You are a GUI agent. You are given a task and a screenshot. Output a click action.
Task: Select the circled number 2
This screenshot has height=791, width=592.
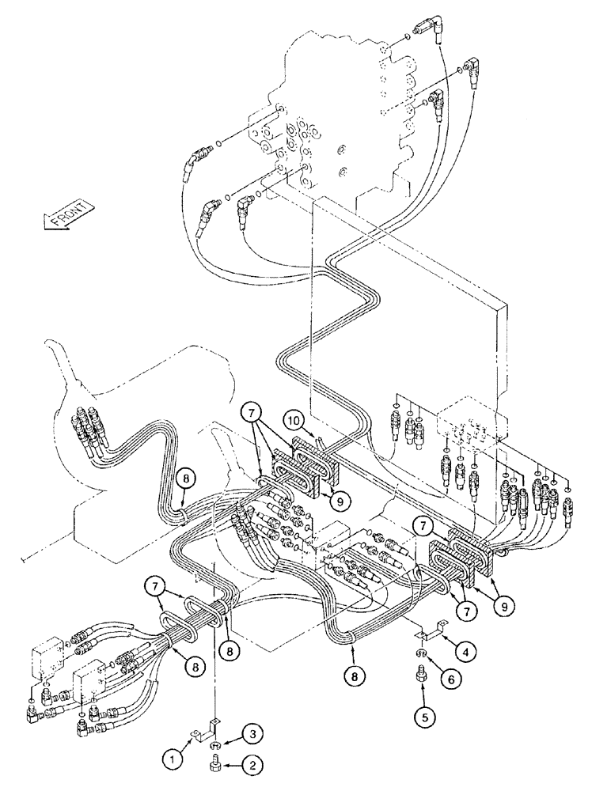[252, 766]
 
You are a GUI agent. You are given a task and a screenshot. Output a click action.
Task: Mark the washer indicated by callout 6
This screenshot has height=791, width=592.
[419, 653]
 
